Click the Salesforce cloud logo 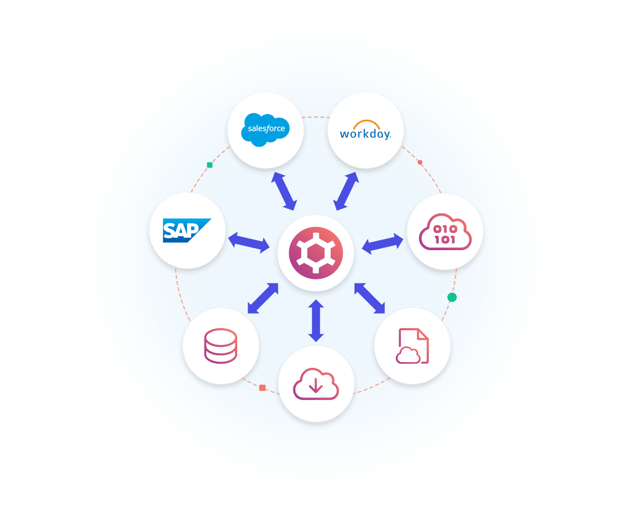(265, 129)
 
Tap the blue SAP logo (186, 230)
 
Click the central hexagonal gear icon (316, 253)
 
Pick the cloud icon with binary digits (445, 232)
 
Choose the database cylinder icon (221, 345)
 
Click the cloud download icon (316, 383)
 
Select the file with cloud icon (412, 346)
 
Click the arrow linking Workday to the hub (347, 191)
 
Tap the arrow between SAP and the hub (249, 242)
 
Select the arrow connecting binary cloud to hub (382, 243)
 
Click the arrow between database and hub (263, 298)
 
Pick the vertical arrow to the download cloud (316, 321)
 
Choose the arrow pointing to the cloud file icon (369, 298)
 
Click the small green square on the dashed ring (210, 165)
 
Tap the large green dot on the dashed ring (452, 297)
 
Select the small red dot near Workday (420, 162)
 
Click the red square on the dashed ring (262, 388)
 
